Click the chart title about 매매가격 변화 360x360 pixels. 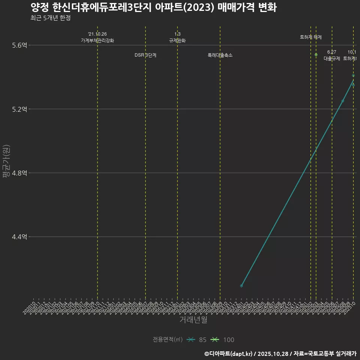point(153,7)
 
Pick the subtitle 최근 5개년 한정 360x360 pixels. point(50,18)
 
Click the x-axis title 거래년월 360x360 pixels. point(193,320)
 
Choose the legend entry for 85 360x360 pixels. point(198,340)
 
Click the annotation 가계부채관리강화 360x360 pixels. point(97,40)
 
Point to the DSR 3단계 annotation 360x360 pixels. point(145,55)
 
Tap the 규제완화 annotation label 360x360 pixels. point(177,40)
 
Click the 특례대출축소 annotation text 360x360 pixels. point(220,55)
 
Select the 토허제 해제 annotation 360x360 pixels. point(311,37)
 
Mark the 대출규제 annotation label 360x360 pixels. point(332,58)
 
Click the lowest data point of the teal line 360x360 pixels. point(241,286)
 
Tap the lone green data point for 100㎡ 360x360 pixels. point(316,55)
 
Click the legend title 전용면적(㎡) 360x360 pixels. point(168,340)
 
